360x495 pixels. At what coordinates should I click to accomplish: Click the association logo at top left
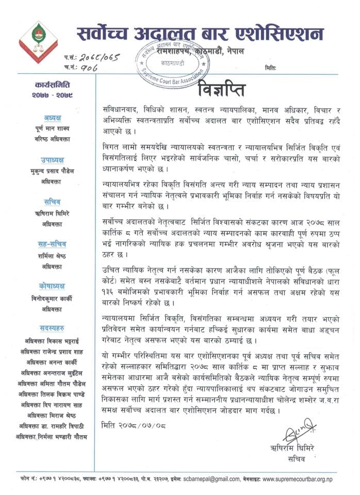pyautogui.click(x=38, y=41)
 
